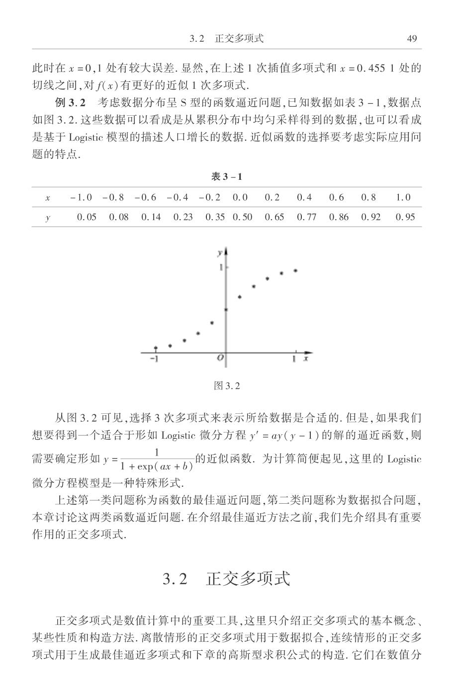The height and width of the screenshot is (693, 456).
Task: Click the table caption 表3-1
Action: point(227,177)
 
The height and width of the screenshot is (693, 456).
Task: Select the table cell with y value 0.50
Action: point(242,217)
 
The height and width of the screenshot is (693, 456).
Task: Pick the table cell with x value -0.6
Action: point(145,197)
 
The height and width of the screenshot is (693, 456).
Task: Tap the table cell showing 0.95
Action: point(405,217)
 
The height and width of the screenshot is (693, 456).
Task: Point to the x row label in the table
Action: point(48,198)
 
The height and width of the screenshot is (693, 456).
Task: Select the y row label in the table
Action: point(48,218)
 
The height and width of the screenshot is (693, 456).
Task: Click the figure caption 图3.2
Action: point(227,385)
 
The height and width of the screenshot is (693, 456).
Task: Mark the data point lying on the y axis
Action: point(226,309)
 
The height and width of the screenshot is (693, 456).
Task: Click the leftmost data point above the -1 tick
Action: point(156,348)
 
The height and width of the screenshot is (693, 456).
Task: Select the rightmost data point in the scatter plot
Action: point(295,271)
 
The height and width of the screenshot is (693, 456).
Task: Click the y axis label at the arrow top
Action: point(219,253)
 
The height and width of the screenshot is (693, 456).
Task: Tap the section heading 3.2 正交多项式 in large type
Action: point(227,579)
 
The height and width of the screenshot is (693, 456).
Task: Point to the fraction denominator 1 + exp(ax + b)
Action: point(157,467)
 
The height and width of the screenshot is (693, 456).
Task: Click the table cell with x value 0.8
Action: point(368,197)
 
